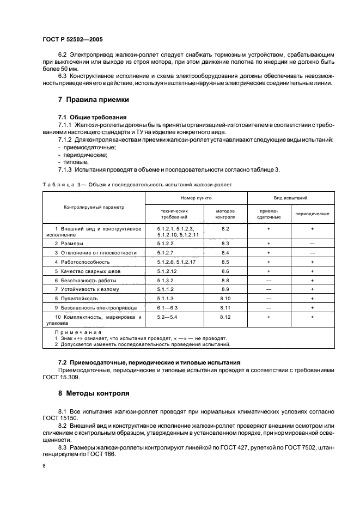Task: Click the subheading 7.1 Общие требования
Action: click(92, 117)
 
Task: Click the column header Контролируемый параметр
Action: click(94, 207)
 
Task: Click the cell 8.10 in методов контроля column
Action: click(225, 299)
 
